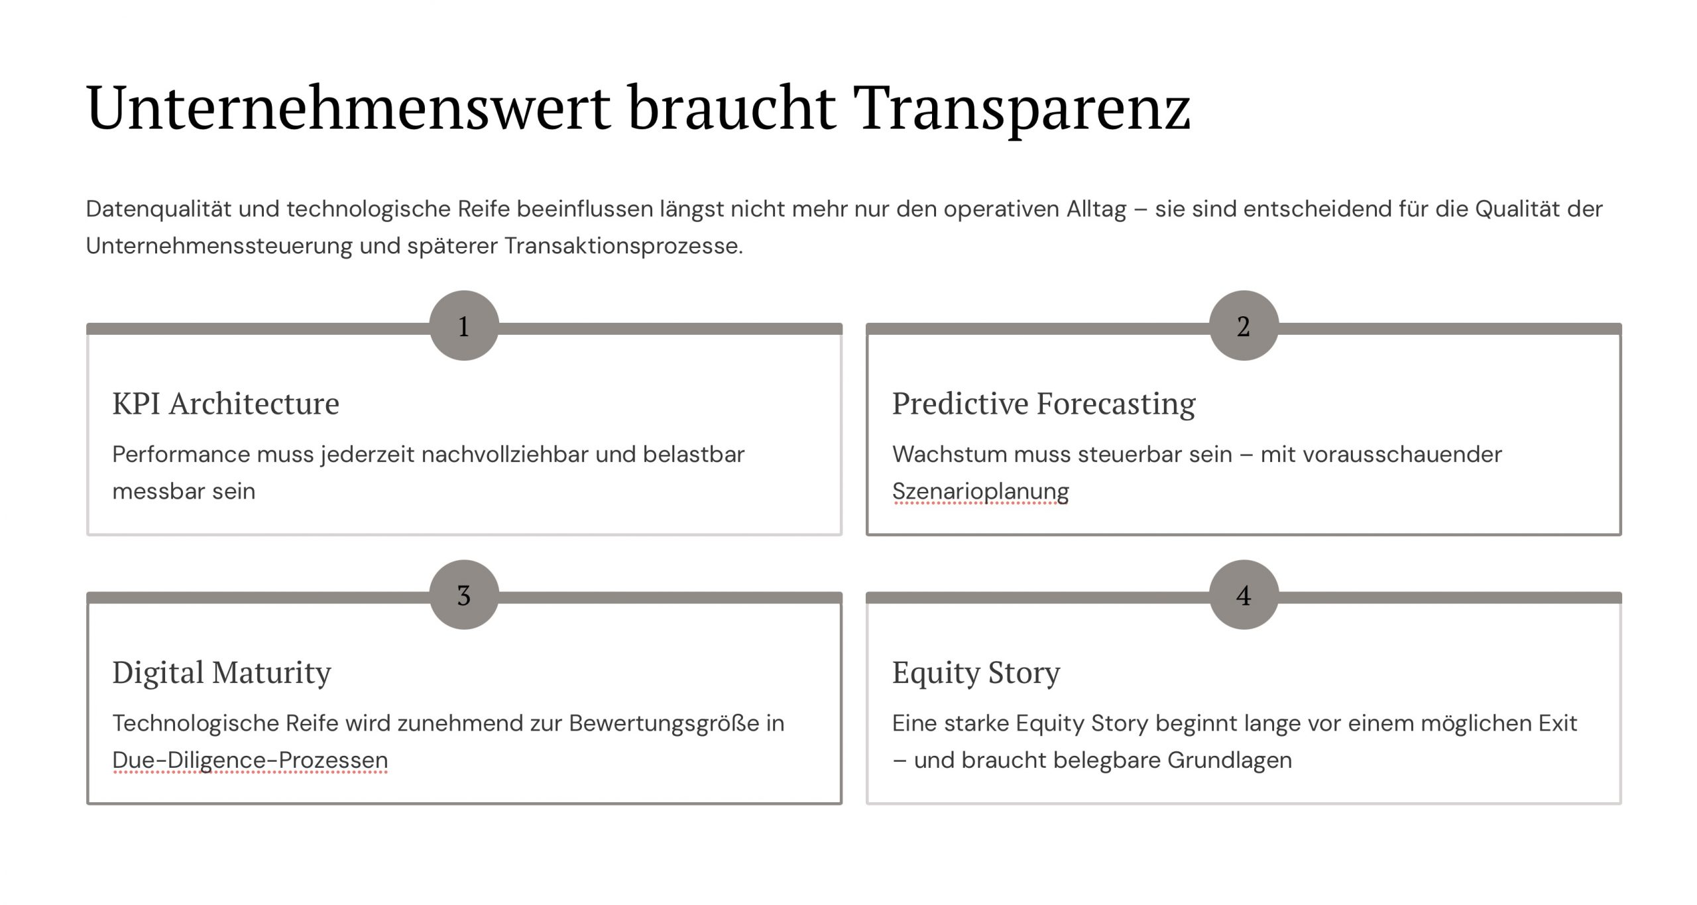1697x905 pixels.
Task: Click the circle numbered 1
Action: click(x=464, y=326)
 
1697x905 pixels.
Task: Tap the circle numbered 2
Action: click(x=1244, y=326)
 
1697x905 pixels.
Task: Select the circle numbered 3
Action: click(x=464, y=595)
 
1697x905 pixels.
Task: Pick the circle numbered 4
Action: click(x=1244, y=595)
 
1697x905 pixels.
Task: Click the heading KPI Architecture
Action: click(x=226, y=403)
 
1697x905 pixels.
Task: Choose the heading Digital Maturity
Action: click(x=222, y=673)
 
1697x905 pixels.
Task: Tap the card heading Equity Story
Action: click(x=976, y=673)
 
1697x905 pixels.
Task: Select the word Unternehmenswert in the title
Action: click(x=349, y=107)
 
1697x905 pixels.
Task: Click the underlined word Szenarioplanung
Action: click(x=980, y=492)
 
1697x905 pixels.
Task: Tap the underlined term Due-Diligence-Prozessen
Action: click(x=250, y=760)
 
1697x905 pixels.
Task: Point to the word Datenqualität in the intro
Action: click(x=158, y=210)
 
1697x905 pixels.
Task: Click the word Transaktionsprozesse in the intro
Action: click(x=623, y=247)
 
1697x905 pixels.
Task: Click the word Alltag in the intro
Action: click(x=1096, y=210)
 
